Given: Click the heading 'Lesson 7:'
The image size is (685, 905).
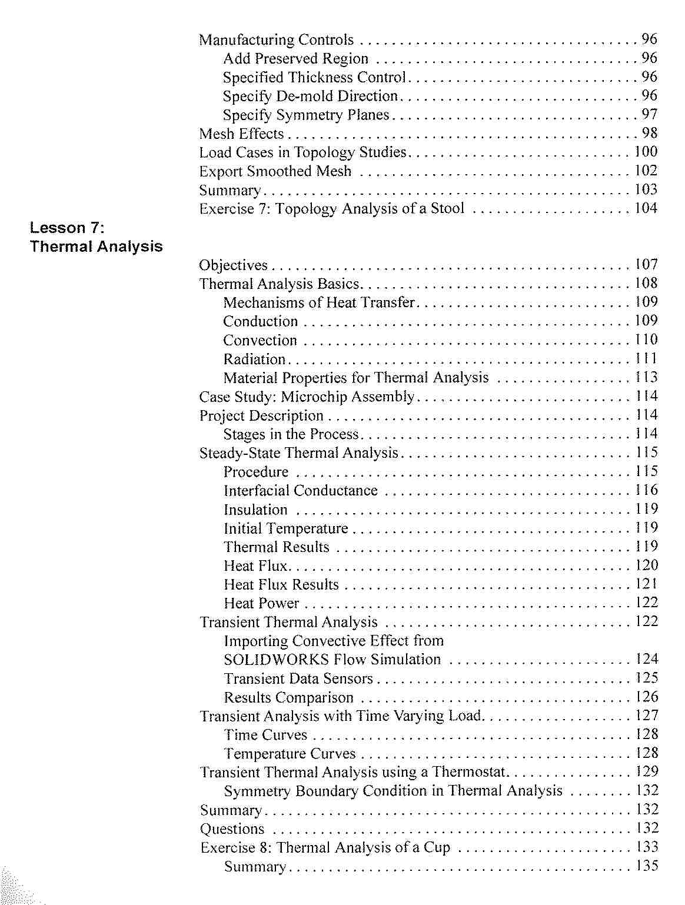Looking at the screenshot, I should click(67, 228).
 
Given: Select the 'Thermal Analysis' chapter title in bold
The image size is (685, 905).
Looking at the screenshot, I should click(96, 247).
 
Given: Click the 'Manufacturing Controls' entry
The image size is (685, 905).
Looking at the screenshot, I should click(276, 40).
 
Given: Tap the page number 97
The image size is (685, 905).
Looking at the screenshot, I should click(649, 114).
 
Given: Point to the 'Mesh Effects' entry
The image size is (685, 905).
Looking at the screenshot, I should click(241, 134).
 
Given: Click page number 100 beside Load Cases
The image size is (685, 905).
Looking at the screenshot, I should click(646, 152).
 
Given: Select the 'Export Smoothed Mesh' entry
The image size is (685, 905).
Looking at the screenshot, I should click(275, 171).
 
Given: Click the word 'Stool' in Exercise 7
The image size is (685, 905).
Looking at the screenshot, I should click(447, 208).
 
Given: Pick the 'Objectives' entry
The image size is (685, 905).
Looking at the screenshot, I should click(233, 265).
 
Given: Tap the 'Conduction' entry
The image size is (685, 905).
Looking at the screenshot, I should click(260, 321).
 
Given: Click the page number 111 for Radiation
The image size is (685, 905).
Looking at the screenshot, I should click(646, 358).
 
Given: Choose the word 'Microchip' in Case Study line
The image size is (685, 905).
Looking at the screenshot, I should click(314, 397).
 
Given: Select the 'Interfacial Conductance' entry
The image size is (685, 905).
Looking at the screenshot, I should click(300, 491).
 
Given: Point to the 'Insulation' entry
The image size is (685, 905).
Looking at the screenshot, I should click(255, 510).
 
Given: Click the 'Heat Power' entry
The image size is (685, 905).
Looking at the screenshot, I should click(261, 603).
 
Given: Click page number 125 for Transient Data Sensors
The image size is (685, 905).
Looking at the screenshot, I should click(647, 678).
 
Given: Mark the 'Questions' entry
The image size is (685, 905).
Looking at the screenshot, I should click(232, 829).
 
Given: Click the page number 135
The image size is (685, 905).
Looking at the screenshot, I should click(647, 866).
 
